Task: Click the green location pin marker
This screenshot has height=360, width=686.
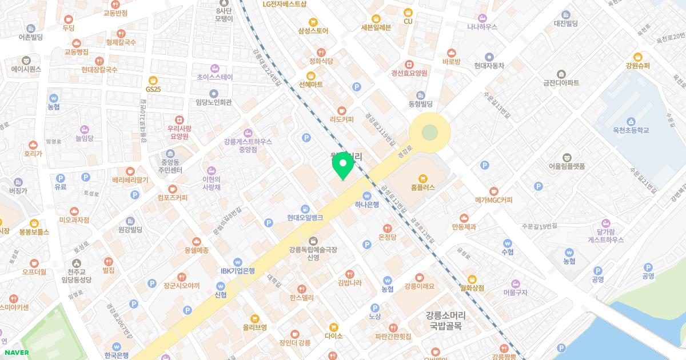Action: tap(342, 166)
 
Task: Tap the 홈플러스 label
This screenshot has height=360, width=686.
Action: tap(422, 187)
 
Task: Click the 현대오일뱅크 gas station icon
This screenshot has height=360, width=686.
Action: tap(306, 208)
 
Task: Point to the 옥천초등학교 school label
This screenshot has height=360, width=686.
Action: tap(630, 130)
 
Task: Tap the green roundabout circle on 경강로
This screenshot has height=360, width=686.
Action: tap(429, 133)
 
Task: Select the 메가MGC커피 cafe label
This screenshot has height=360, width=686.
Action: tap(493, 200)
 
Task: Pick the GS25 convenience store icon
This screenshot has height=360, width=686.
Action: tap(153, 80)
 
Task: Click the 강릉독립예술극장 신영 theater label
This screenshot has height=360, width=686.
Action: tap(313, 253)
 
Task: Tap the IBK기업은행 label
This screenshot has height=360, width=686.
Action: tap(238, 271)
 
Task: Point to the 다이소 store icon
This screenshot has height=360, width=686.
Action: tap(333, 326)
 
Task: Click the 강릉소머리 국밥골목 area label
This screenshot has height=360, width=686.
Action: tap(445, 321)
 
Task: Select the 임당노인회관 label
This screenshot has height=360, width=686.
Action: tap(213, 103)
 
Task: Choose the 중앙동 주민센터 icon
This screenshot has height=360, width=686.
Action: tap(170, 154)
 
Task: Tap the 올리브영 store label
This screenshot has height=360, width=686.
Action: tap(255, 327)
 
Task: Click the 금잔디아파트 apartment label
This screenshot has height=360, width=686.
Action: tap(561, 83)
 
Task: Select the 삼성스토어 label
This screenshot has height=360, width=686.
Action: tap(313, 30)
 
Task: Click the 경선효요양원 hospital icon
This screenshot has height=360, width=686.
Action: tap(409, 65)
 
